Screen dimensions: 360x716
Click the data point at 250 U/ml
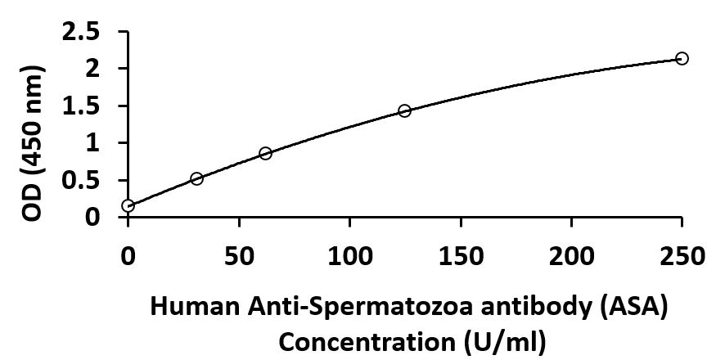682,58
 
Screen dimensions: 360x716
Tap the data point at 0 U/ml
128,205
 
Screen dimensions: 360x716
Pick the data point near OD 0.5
196,178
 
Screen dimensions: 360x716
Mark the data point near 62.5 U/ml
265,153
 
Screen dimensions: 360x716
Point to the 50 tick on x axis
238,257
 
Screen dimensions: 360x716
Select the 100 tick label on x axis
349,257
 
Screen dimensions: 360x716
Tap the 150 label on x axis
460,257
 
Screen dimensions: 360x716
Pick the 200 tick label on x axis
571,257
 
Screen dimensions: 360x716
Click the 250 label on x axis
682,257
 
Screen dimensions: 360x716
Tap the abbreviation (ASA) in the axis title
633,309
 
